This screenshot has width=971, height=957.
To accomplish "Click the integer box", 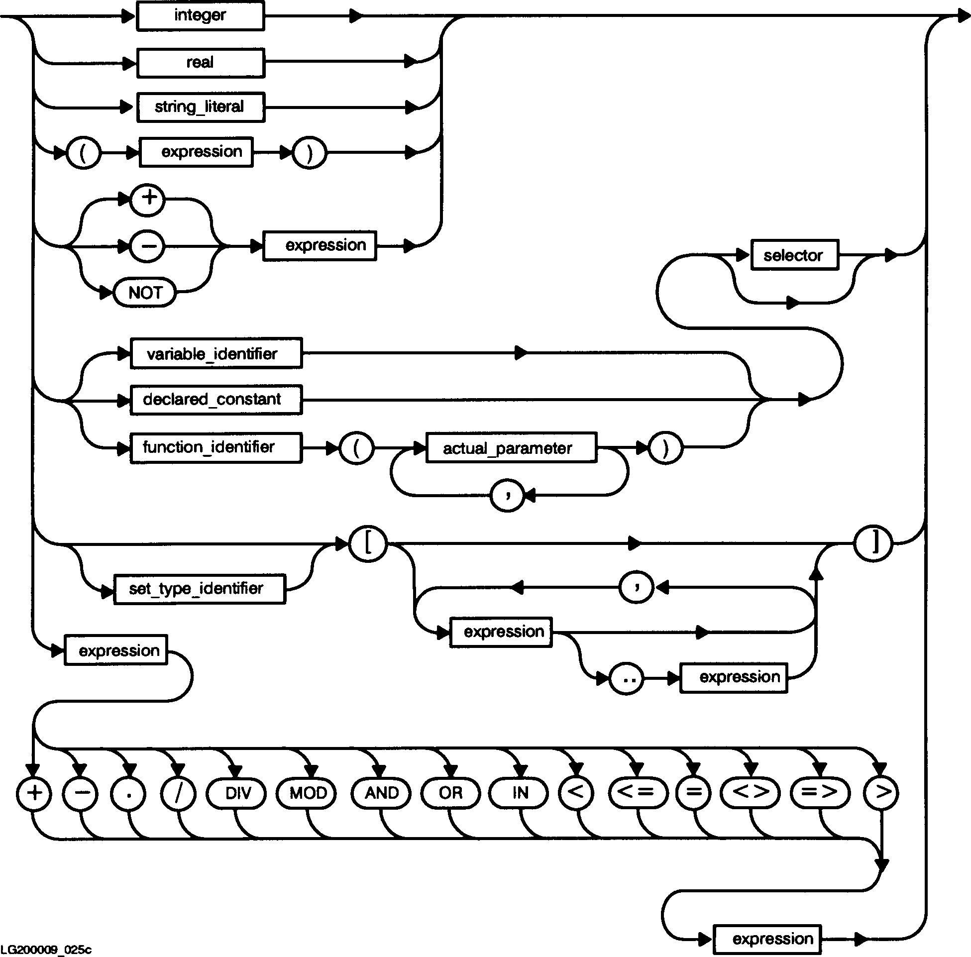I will (x=200, y=16).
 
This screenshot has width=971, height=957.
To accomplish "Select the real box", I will (x=200, y=63).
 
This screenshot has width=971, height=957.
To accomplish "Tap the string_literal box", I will (x=200, y=107).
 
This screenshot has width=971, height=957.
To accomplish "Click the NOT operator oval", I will (x=145, y=293).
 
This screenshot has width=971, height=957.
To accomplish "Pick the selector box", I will (x=794, y=255).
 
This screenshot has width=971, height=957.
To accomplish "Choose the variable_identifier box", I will (x=216, y=354).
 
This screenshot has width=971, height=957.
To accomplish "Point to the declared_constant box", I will (x=216, y=400).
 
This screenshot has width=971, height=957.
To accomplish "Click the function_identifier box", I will (x=216, y=447).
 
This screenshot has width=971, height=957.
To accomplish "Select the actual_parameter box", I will (x=511, y=447).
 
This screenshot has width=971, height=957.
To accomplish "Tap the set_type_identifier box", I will (x=200, y=589).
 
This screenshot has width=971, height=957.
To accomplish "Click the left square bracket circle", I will (x=368, y=543).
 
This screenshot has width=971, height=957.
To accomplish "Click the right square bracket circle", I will (x=873, y=543).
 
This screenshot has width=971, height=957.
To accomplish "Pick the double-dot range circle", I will (x=627, y=678).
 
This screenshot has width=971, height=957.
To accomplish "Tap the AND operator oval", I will (x=381, y=793).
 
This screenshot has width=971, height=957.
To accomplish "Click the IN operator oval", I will (x=520, y=793).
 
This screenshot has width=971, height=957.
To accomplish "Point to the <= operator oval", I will (x=638, y=793).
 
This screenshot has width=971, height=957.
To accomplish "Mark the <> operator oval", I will (x=751, y=793).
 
